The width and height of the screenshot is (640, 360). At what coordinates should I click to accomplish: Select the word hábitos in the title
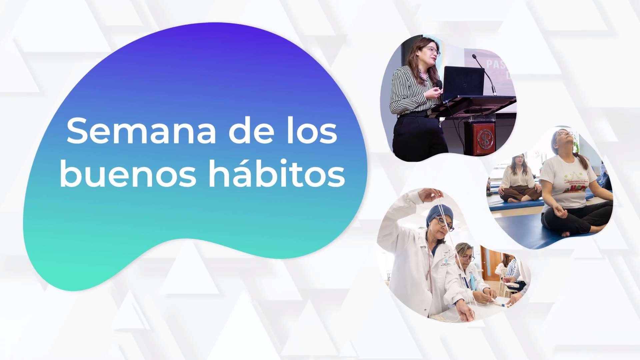click(276, 174)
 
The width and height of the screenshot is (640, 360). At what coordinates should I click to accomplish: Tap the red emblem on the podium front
click(484, 138)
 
